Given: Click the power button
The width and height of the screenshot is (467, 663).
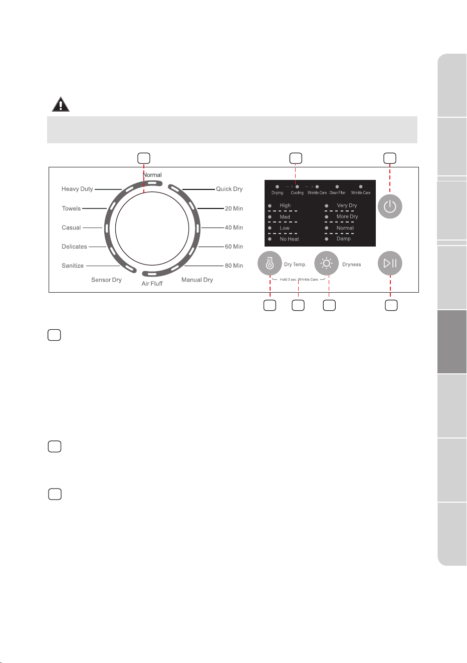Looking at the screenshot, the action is [x=390, y=206].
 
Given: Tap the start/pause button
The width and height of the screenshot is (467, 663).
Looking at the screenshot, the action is [x=390, y=263].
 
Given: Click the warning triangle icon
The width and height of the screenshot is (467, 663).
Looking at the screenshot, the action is [x=61, y=104].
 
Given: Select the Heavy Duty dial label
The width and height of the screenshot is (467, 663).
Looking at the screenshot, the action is [x=77, y=189].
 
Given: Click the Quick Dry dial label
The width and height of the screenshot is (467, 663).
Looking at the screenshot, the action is [x=229, y=189].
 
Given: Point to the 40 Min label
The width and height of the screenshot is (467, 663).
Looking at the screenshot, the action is [x=234, y=228].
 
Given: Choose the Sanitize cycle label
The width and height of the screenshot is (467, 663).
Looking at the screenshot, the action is [x=73, y=266].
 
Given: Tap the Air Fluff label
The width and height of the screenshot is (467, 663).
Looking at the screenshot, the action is [x=152, y=283].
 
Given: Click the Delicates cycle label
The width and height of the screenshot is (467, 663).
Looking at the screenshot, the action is [x=74, y=247].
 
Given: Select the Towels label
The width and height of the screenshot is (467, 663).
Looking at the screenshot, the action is [x=71, y=208].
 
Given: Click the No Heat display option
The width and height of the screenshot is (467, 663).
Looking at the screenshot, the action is [x=289, y=239].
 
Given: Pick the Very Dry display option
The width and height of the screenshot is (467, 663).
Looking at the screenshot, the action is [x=347, y=205].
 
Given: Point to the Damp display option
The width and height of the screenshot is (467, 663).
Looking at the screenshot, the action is [x=343, y=239].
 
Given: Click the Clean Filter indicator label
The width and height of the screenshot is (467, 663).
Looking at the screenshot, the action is [x=337, y=192].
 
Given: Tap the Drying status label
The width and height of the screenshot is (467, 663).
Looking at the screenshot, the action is [x=277, y=192].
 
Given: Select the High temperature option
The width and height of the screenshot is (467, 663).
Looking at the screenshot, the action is [x=285, y=205].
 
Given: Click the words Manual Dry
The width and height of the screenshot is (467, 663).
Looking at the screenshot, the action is [x=197, y=280].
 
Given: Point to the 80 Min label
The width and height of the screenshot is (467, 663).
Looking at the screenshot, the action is [x=234, y=266].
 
